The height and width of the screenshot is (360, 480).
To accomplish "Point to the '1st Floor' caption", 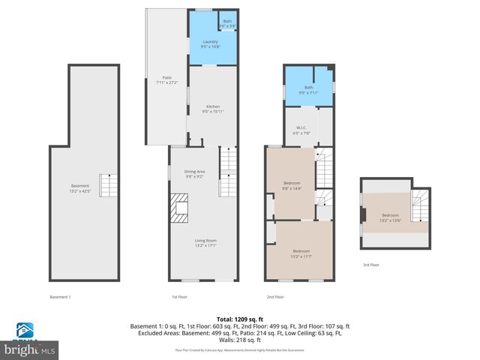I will point(178,297).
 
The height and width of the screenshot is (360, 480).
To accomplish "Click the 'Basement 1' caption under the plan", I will point(60,297).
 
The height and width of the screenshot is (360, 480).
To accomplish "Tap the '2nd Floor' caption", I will point(275,297).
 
